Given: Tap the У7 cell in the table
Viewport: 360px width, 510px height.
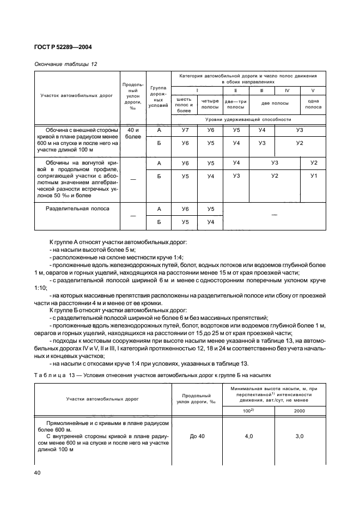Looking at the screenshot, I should click(185, 130).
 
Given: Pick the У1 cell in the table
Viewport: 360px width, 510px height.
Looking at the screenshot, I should click(313, 176).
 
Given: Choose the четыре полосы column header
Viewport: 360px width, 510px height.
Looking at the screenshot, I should click(210, 104).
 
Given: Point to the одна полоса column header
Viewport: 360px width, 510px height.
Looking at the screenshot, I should click(313, 104).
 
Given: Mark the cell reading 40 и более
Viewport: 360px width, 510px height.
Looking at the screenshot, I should click(133, 133).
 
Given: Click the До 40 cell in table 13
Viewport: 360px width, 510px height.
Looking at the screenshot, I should click(197, 436).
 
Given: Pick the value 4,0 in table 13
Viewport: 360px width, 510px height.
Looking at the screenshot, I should click(249, 436).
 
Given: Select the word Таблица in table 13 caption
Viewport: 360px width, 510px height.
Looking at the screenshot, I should click(51, 375).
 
